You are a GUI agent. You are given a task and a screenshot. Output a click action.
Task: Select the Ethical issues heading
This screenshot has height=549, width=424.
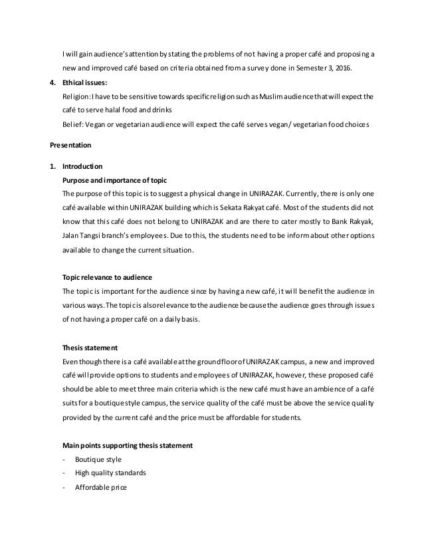point(83,85)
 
